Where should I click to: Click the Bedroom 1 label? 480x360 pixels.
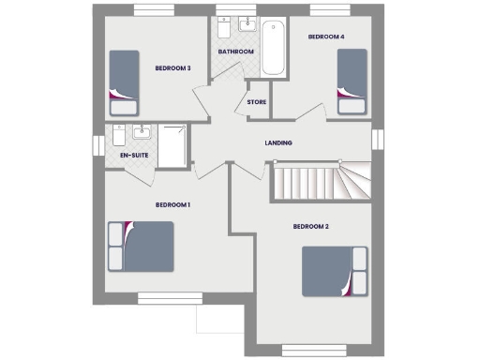point(173,204)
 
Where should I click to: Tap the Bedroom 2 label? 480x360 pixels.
point(311,226)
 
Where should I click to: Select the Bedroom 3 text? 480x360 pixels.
point(173,67)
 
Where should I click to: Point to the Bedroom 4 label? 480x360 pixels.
point(326,37)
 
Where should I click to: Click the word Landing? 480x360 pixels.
point(278,142)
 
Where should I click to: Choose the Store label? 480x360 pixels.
point(257,102)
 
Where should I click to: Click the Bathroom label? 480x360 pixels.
point(235,52)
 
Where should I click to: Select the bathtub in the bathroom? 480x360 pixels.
point(274,47)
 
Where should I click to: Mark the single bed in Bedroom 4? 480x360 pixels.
point(352,81)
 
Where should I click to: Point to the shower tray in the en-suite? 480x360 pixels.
point(172,145)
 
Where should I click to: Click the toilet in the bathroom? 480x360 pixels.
point(224,26)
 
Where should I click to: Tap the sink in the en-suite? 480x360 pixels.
point(143,130)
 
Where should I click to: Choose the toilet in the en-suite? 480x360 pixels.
point(120,131)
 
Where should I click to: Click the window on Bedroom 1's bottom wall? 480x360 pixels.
point(164,297)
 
